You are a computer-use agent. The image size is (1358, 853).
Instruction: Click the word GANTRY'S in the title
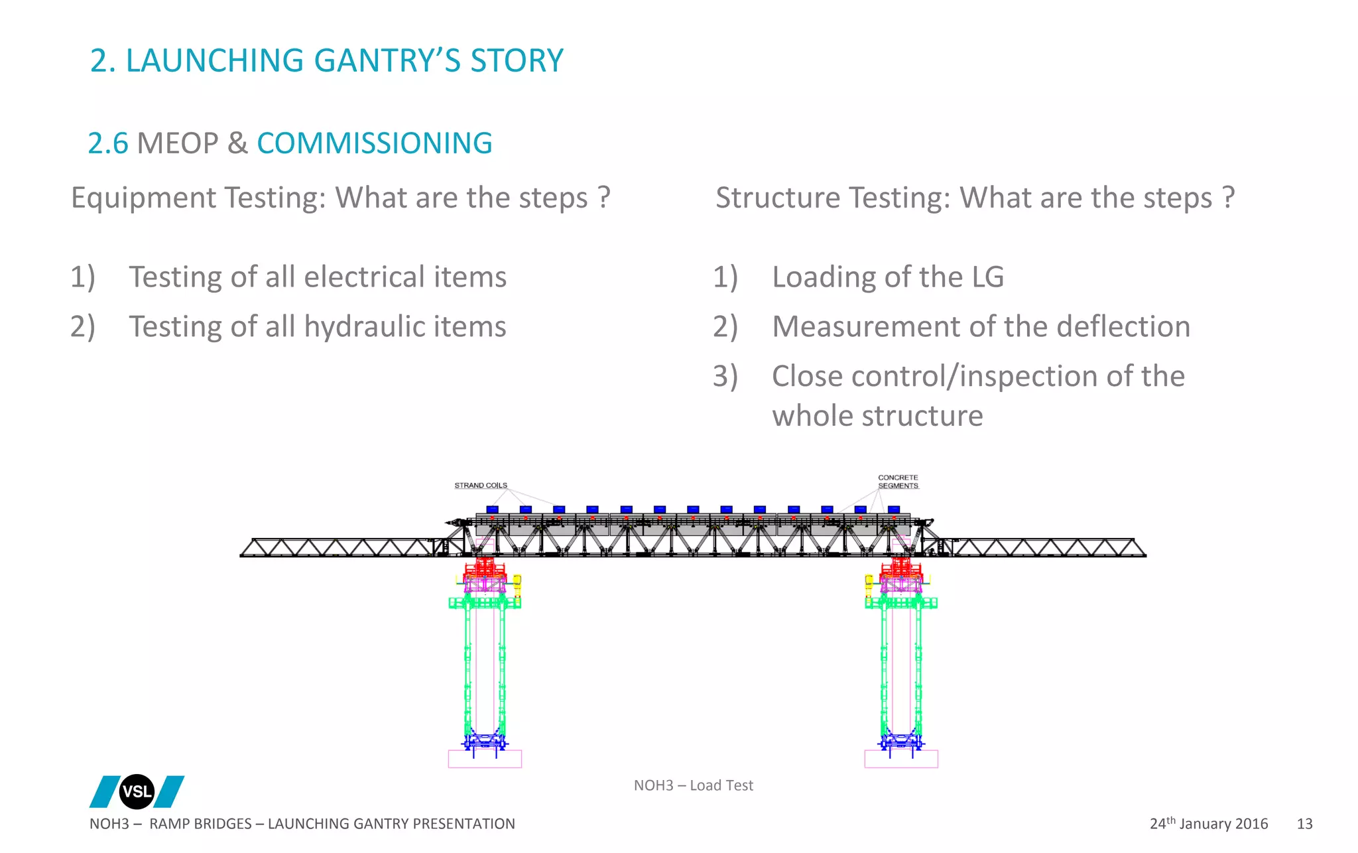point(387,60)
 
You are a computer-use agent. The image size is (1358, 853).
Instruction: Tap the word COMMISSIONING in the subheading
point(375,143)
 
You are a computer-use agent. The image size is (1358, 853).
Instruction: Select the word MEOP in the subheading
point(177,143)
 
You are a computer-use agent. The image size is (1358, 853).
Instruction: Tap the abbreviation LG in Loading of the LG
point(987,277)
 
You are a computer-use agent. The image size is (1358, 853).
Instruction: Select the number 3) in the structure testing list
point(725,376)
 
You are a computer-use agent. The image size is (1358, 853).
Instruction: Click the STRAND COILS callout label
point(481,486)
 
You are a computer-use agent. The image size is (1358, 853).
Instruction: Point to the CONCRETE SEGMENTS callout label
point(898,482)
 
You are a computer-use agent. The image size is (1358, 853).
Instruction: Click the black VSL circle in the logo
point(137,791)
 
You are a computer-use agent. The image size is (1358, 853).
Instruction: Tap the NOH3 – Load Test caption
point(693,785)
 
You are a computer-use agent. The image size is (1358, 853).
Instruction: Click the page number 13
point(1304,824)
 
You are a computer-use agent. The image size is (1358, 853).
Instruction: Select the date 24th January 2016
point(1208,824)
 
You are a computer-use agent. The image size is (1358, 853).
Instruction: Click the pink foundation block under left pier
point(485,759)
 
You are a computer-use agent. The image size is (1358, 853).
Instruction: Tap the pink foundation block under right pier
point(901,759)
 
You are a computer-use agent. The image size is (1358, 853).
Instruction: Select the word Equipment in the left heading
point(143,198)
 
